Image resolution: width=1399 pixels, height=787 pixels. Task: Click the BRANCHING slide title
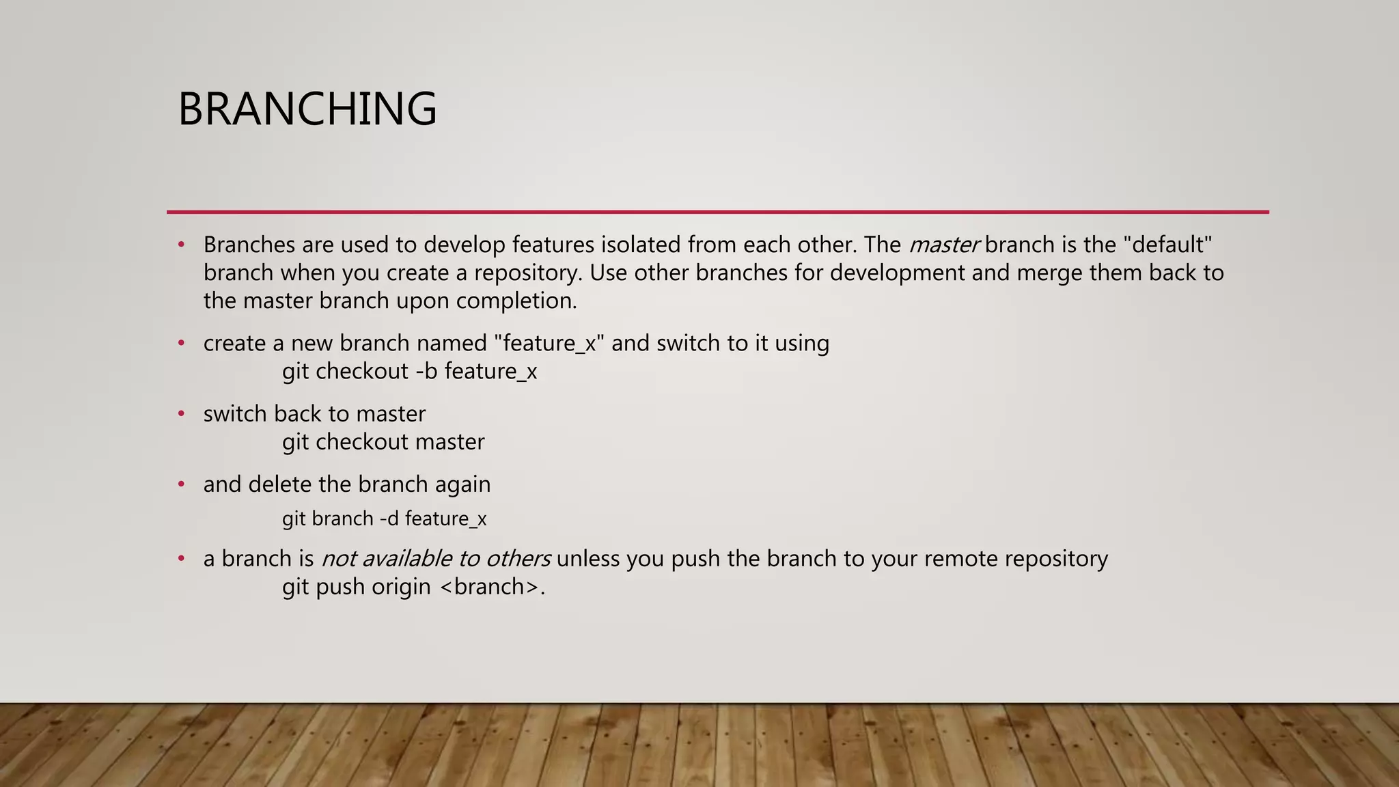(x=307, y=109)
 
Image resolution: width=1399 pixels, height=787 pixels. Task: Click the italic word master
(x=944, y=245)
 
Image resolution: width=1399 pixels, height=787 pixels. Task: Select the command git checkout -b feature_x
(x=409, y=372)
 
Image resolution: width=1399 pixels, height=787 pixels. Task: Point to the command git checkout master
(x=383, y=442)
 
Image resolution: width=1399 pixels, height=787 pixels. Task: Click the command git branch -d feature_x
(x=384, y=519)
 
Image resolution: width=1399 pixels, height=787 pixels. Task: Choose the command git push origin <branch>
(x=413, y=587)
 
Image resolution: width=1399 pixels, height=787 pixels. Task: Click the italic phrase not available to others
(x=436, y=559)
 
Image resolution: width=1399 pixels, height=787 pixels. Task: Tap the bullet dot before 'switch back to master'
(x=182, y=413)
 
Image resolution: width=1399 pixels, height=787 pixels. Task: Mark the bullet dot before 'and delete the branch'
(x=182, y=484)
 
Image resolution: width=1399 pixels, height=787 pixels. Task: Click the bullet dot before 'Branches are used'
(x=182, y=244)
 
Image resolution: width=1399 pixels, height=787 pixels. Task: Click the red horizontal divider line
(x=717, y=212)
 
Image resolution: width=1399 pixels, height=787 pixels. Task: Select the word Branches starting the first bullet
(x=249, y=245)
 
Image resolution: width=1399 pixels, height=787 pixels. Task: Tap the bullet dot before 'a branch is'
(x=182, y=558)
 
